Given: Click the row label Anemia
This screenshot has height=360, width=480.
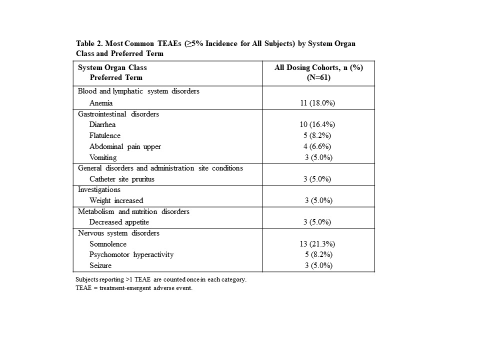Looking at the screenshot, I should pos(101,103).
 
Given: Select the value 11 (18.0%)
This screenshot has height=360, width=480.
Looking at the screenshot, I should pos(318,103).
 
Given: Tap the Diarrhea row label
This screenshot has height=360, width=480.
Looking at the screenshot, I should pos(102,124).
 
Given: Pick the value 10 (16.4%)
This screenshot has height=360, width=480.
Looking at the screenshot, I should pos(318,124).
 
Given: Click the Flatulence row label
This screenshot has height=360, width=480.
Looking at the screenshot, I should pos(105,135).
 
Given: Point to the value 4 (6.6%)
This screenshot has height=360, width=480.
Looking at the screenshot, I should pos(318,146).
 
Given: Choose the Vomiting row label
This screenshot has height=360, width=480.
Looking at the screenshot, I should pos(103,157).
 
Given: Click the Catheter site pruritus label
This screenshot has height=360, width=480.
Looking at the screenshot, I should pos(122,179).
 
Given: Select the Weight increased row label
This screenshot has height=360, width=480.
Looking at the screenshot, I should pos(116,200).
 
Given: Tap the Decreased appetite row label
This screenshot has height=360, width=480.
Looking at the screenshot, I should pos(119,222).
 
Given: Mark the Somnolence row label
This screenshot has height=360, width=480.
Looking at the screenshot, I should pos(108,244).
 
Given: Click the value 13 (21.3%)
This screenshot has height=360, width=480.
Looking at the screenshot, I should pos(318,244).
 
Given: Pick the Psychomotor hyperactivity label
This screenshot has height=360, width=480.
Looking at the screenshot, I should pos(131,254).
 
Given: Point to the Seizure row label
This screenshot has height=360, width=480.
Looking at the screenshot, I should pos(100,265).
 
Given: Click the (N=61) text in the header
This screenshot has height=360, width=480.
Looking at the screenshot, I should pos(318,77).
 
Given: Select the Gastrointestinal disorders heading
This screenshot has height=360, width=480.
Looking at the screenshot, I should pos(118,114).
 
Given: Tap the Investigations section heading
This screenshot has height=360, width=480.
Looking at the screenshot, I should pos(99,190).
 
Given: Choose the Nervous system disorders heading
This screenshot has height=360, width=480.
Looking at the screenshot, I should pos(118,233).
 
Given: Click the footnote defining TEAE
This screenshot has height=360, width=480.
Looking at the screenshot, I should pos(133,289).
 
